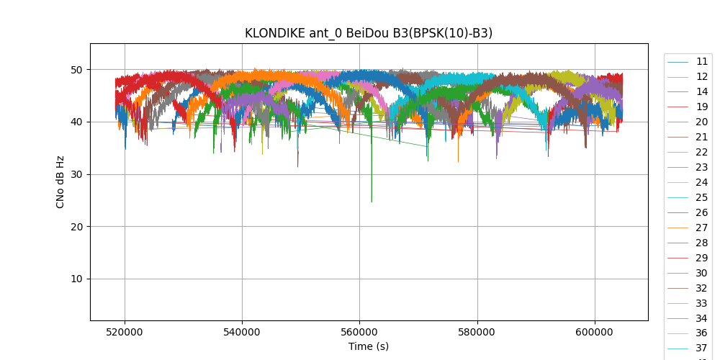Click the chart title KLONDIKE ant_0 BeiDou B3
(x=369, y=33)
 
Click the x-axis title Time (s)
(x=369, y=346)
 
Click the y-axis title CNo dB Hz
(x=60, y=182)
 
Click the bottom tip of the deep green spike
(x=372, y=202)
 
